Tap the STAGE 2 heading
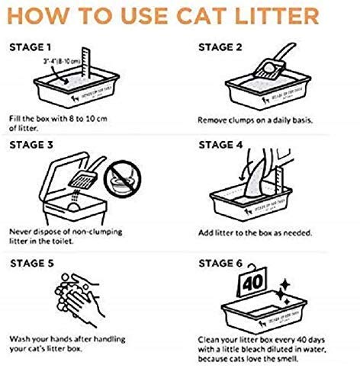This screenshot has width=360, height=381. pyautogui.click(x=222, y=46)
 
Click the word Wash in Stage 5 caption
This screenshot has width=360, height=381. pyautogui.click(x=21, y=338)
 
